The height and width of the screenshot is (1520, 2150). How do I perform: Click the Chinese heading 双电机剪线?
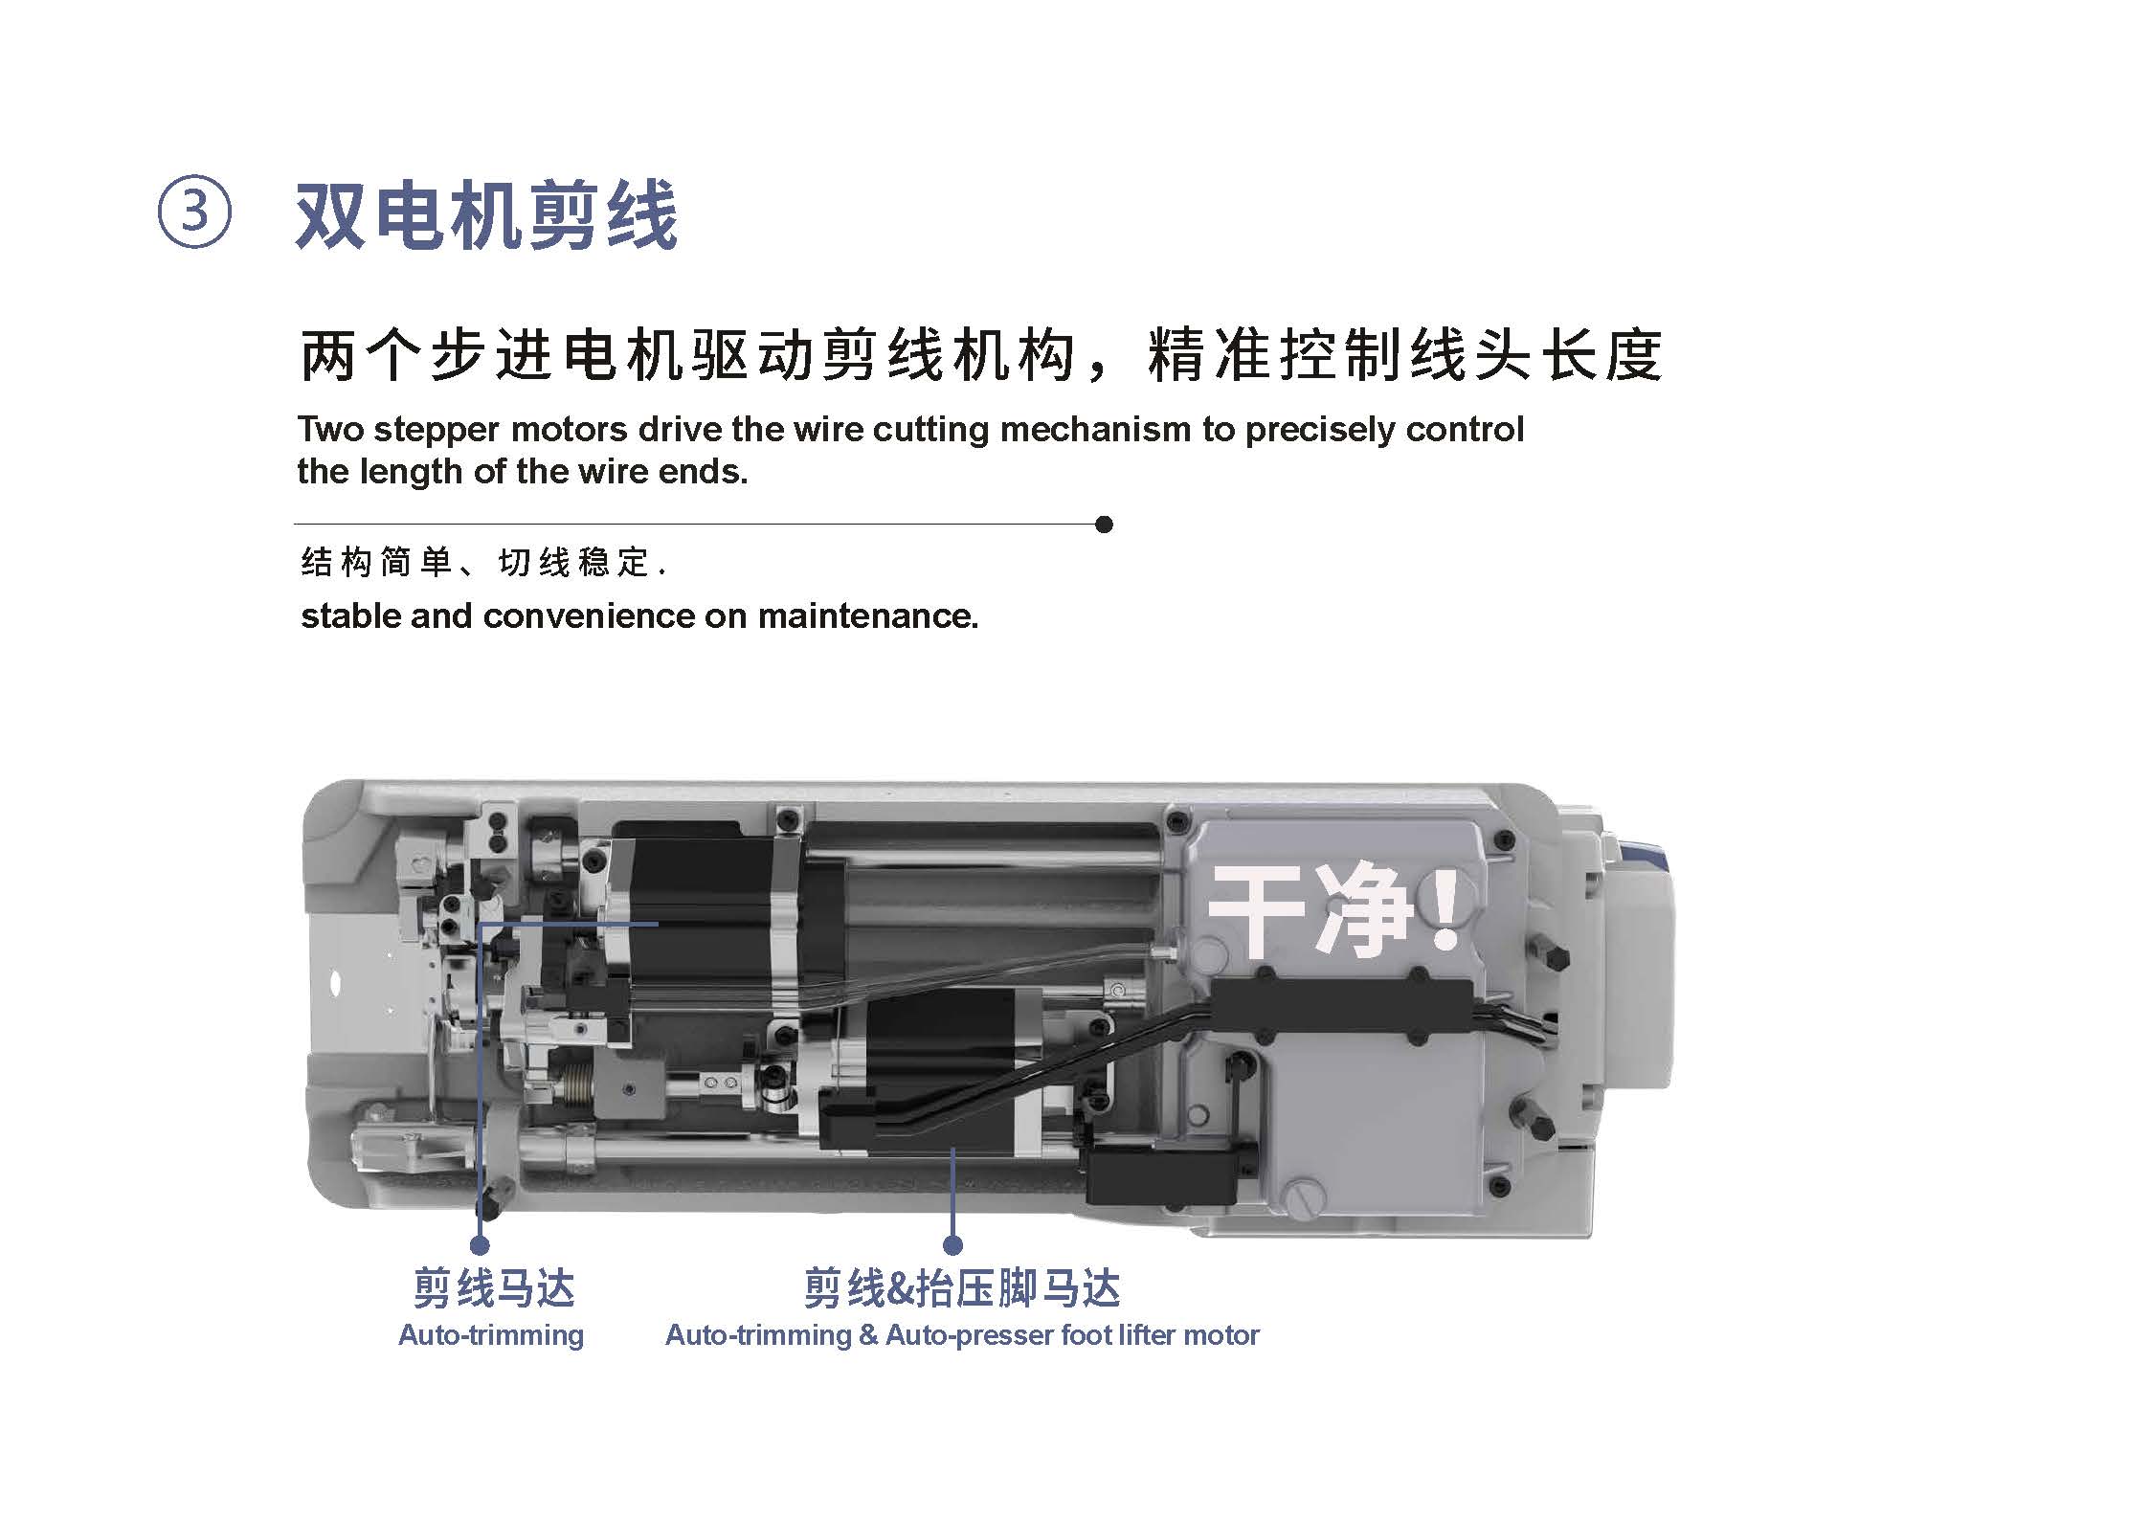(x=487, y=215)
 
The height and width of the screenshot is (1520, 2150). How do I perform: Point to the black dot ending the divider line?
(x=1104, y=525)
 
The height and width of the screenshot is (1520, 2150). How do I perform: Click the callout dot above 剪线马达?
(x=480, y=1245)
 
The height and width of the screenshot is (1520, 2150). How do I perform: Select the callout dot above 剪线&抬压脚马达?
(x=952, y=1245)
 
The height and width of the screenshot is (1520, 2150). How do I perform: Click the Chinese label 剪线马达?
(x=494, y=1288)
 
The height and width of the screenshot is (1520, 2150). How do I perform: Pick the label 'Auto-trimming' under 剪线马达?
(x=491, y=1335)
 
